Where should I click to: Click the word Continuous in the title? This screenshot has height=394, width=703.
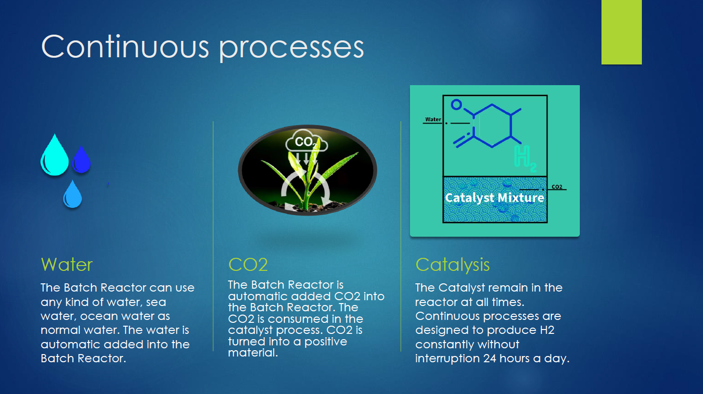[x=125, y=47]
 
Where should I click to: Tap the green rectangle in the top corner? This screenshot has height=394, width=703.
[x=621, y=32]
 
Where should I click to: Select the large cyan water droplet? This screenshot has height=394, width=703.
[x=54, y=155]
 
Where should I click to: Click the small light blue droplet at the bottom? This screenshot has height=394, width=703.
[x=73, y=194]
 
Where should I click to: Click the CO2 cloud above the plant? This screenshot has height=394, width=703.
[x=307, y=141]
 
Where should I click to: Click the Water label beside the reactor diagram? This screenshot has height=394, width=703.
[x=433, y=119]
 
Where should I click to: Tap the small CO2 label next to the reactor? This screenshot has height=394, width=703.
[x=557, y=187]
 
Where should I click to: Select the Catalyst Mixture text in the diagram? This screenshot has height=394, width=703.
[x=494, y=198]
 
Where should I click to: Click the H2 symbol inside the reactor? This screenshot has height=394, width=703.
[x=525, y=158]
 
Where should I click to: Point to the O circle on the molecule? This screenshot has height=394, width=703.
[x=456, y=104]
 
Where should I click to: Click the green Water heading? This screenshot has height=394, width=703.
[x=67, y=265]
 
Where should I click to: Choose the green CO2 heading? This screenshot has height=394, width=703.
[x=248, y=265]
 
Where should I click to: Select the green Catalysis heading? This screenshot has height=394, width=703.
[x=453, y=265]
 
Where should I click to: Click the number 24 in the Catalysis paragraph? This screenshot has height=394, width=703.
[x=489, y=358]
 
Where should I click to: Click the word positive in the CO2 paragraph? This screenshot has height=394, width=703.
[x=326, y=342]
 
